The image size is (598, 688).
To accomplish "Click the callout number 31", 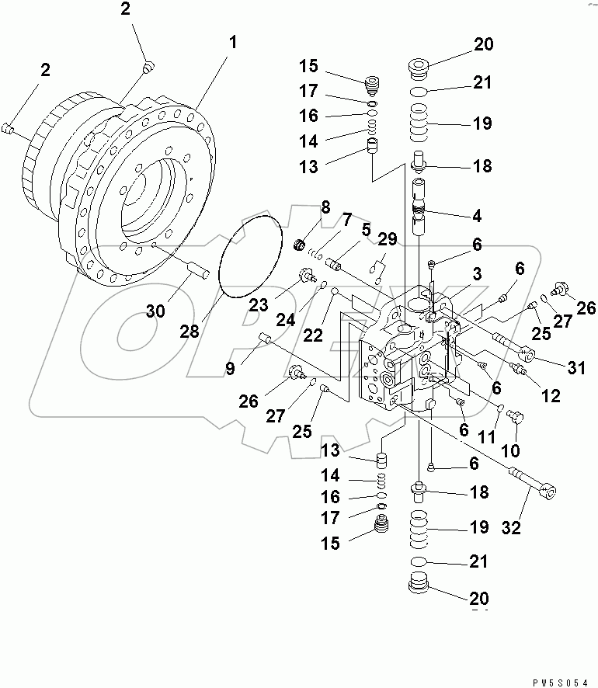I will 575,368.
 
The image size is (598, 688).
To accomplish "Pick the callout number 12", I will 551,396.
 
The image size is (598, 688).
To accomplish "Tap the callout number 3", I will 477,273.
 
